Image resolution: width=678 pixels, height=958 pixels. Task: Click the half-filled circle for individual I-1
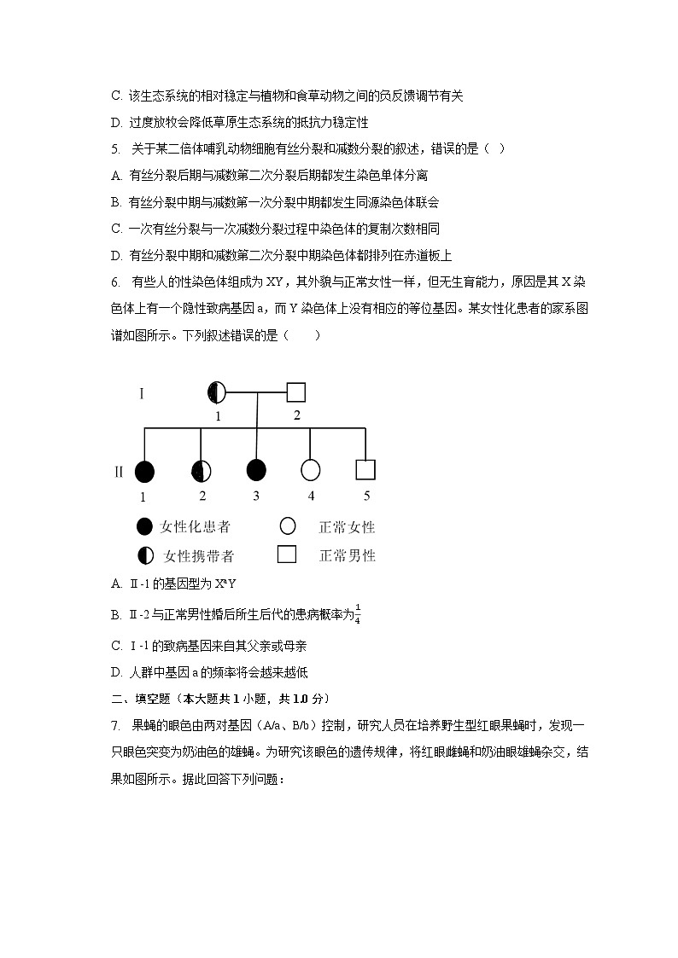point(217,392)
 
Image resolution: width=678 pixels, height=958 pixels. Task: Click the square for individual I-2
point(295,392)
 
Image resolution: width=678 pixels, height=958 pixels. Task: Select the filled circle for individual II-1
point(144,470)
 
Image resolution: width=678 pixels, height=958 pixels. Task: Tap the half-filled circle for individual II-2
point(201,470)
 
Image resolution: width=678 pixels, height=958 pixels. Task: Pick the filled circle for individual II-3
point(256,470)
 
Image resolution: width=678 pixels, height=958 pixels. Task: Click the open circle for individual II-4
point(310,470)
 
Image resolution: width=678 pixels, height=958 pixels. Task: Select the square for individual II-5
point(365,470)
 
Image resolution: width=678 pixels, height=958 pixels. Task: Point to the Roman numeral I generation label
point(142,393)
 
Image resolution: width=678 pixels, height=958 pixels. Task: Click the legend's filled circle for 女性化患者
point(144,526)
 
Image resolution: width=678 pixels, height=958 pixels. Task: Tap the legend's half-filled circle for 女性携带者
point(144,555)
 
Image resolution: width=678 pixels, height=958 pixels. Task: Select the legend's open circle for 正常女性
point(287,526)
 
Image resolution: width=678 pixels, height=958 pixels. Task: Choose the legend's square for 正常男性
point(287,554)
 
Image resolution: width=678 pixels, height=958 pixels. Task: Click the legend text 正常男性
point(347,556)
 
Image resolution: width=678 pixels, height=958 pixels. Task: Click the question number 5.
point(115,148)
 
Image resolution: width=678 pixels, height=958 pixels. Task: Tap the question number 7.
point(115,725)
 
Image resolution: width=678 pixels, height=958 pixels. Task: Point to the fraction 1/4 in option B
point(358,613)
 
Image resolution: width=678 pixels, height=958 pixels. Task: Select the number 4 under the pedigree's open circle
point(311,496)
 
